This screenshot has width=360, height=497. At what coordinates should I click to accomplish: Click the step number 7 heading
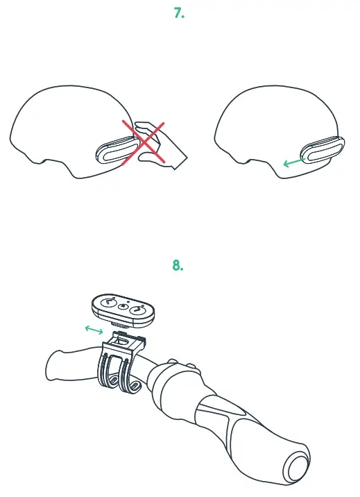click(179, 12)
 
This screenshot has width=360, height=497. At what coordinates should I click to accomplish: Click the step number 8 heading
click(178, 265)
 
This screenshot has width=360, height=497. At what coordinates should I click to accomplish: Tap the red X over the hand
click(144, 144)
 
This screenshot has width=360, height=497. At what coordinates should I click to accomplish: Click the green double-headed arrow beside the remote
click(93, 330)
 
